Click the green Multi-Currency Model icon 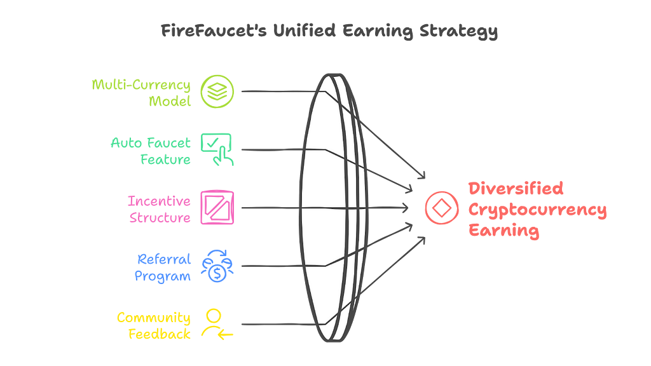[217, 91]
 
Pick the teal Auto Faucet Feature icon [217, 149]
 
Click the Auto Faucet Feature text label [155, 151]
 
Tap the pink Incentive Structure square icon [217, 207]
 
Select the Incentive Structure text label [159, 209]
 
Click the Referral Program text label [163, 268]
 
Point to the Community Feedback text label [153, 325]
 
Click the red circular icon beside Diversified [441, 208]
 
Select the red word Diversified [516, 188]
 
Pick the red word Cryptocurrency [537, 210]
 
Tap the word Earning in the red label [504, 231]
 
